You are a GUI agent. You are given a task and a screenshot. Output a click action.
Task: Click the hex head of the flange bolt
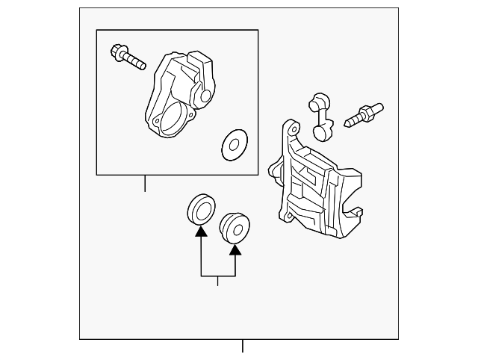click(117, 52)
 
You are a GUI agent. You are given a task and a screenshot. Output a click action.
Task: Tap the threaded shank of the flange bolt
click(135, 60)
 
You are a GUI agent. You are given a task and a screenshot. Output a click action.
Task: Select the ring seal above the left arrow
click(200, 208)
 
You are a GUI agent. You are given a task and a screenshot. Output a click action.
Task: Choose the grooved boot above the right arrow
click(236, 226)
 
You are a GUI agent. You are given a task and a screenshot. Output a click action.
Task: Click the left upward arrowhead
click(201, 232)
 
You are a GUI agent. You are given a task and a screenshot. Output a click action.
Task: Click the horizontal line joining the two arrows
click(218, 276)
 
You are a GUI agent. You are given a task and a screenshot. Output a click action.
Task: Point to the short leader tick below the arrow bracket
click(218, 281)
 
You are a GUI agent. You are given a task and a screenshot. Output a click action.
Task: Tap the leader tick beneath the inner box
click(145, 184)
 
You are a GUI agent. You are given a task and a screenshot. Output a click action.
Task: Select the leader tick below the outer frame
click(242, 347)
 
